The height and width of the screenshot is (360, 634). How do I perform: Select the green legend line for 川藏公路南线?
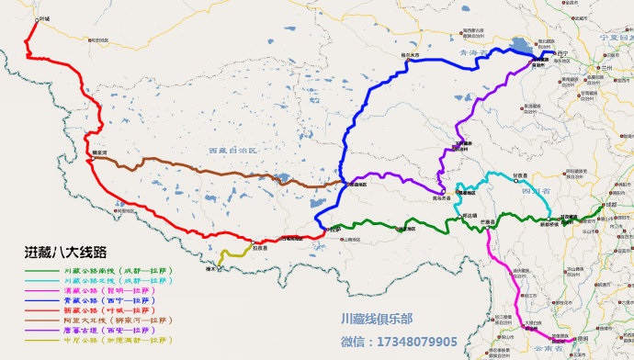pyautogui.click(x=41, y=272)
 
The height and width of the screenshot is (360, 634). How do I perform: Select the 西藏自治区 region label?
pyautogui.click(x=235, y=150)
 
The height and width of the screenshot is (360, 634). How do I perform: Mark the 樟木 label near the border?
pyautogui.click(x=210, y=270)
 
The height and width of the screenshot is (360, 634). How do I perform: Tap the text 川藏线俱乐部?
pyautogui.click(x=376, y=320)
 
